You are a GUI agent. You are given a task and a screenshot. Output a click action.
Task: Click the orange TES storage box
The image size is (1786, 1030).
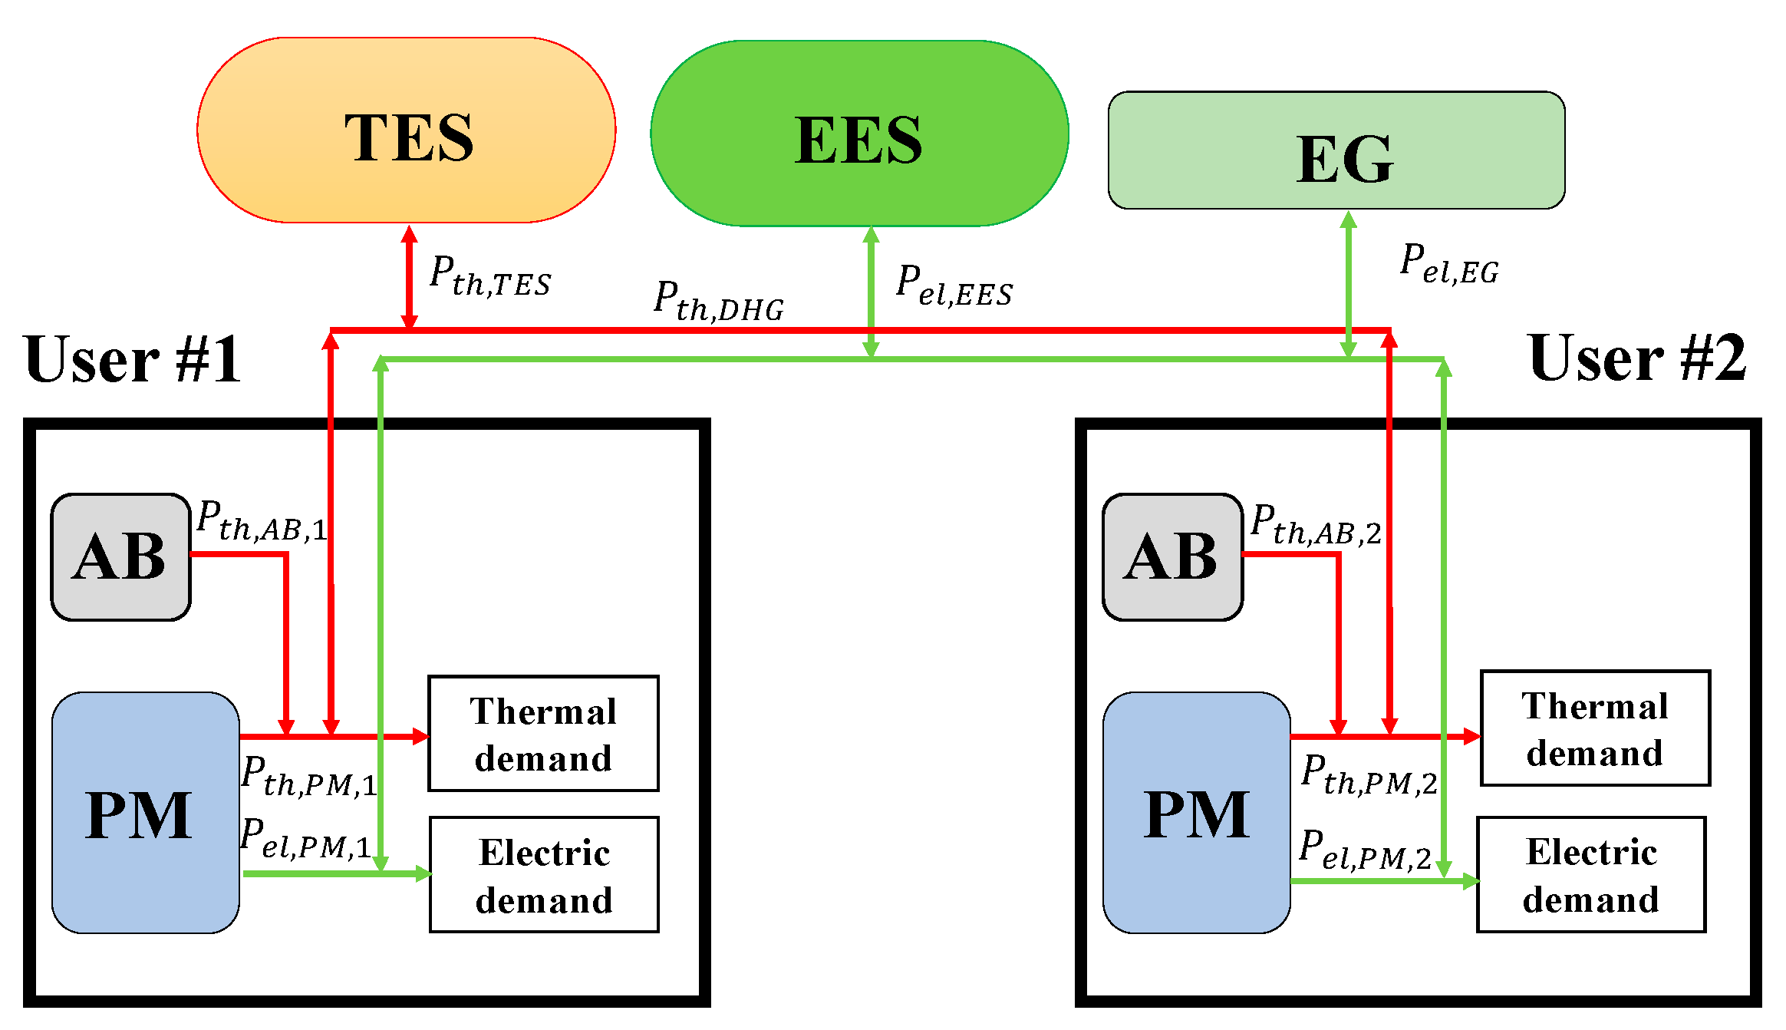point(406,130)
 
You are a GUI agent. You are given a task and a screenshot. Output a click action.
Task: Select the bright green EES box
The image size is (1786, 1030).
point(859,134)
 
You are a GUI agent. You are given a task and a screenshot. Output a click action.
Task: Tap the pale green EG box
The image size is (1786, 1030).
point(1336,150)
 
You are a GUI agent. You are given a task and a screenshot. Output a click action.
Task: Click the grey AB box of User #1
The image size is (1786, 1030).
point(120,557)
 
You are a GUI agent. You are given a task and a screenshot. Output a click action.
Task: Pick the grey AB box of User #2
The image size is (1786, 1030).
point(1172,557)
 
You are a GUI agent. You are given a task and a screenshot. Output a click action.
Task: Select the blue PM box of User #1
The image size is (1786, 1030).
point(145,814)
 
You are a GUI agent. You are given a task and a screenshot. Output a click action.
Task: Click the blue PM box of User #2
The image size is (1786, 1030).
point(1197,814)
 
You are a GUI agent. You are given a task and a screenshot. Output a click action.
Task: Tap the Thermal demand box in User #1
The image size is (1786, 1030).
point(543,734)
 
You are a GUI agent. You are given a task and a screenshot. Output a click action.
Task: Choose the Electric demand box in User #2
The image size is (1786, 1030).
point(1591,875)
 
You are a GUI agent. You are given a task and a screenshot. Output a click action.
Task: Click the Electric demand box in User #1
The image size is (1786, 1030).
point(544,875)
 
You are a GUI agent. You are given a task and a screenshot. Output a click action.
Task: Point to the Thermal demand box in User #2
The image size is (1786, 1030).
point(1595,728)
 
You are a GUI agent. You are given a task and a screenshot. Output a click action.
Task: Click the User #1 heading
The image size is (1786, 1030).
point(132,359)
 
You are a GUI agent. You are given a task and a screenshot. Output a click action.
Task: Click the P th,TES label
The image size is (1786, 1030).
point(489,276)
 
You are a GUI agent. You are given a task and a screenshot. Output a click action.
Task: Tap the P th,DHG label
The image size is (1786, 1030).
point(718,302)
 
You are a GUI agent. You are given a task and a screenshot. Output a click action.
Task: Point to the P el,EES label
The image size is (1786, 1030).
point(954,286)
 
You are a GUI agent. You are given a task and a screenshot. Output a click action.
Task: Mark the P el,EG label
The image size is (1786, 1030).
point(1448,264)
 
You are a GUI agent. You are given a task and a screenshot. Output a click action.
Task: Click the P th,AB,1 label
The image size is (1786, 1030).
point(262,521)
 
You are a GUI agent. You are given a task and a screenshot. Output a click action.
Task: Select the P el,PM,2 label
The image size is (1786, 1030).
point(1365,850)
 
